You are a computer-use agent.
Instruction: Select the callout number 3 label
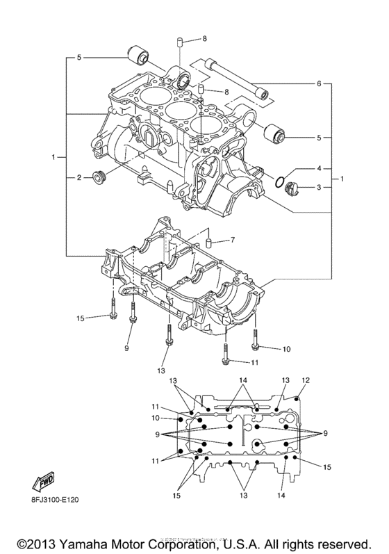coord(320,188)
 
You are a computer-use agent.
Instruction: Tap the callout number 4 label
coord(320,169)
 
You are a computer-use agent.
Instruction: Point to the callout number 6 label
coord(319,84)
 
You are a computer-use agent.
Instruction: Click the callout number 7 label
coord(233,241)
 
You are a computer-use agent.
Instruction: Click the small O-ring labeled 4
coord(279,183)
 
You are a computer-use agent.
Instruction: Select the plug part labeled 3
coord(292,187)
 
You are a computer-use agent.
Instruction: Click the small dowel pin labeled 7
coord(207,243)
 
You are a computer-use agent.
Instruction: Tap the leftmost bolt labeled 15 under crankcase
coord(111,316)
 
